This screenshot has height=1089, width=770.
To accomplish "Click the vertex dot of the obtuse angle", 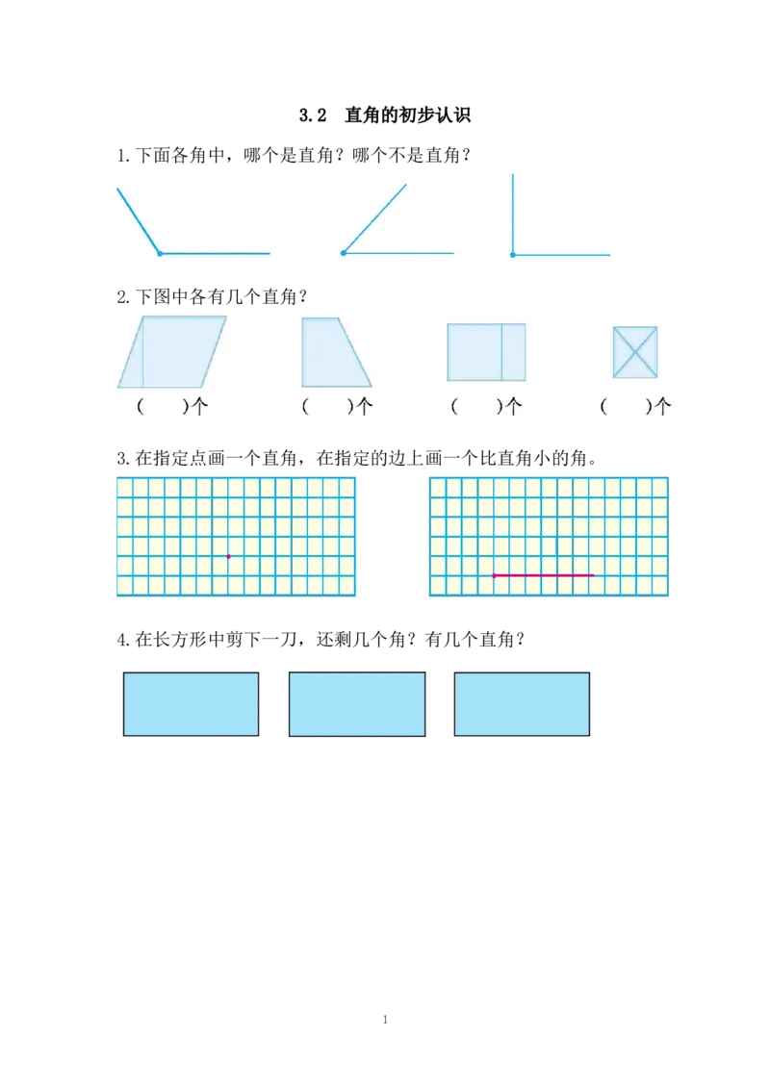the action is (x=160, y=253).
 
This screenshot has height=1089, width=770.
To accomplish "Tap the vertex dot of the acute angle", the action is (x=344, y=253).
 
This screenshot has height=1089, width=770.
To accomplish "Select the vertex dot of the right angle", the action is (x=512, y=255).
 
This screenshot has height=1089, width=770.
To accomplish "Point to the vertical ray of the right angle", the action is (x=512, y=212).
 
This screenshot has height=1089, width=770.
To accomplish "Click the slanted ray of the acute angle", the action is (x=375, y=218).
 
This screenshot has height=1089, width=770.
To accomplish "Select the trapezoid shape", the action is (x=333, y=352).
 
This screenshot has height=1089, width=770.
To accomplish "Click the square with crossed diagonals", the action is (x=635, y=351).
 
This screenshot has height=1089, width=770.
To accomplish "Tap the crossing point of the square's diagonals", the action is (x=635, y=351).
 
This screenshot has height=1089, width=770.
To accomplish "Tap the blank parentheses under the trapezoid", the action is (x=326, y=407).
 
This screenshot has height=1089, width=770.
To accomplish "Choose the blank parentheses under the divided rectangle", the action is (x=475, y=407).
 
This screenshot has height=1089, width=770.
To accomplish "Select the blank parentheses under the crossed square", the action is (x=625, y=407).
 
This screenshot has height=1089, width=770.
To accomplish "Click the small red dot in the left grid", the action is (x=228, y=556).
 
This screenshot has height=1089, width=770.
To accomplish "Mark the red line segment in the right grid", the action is (x=544, y=575).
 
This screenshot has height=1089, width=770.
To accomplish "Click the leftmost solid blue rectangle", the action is (x=192, y=704).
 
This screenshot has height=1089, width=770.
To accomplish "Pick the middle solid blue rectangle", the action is (x=357, y=704).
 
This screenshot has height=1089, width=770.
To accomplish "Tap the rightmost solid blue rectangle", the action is (x=523, y=704).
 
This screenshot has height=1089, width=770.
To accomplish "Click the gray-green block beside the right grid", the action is (x=719, y=539).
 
